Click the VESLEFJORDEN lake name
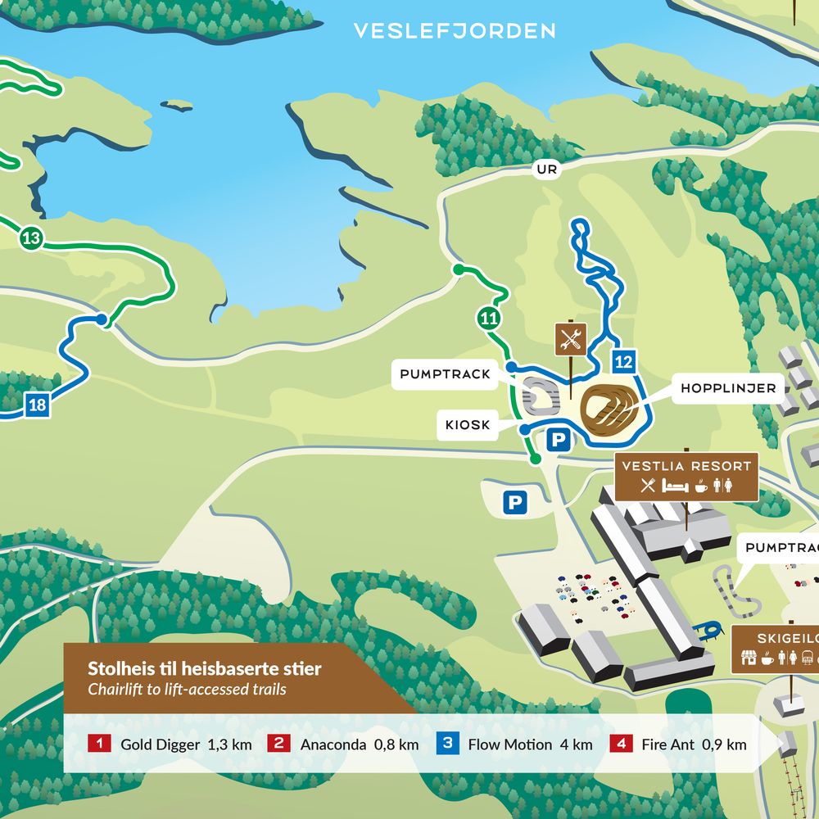click(x=455, y=31)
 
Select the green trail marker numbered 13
click(x=31, y=239)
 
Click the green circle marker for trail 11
click(x=490, y=319)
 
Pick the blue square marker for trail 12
click(x=623, y=360)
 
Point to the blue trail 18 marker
click(x=37, y=404)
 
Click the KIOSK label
click(x=468, y=425)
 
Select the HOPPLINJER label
click(x=728, y=389)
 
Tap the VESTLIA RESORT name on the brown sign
click(x=686, y=466)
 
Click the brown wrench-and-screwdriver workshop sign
click(x=571, y=338)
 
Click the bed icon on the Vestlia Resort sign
click(x=674, y=486)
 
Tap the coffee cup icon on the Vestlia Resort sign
click(x=700, y=486)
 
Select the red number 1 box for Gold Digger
click(x=99, y=744)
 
